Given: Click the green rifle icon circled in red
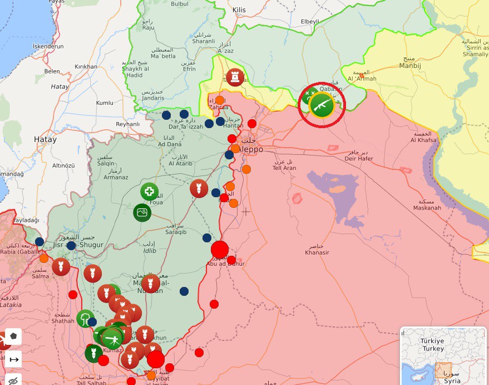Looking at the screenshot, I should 322,105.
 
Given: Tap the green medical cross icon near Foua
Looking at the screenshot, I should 149,192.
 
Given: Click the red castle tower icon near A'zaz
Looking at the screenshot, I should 235,77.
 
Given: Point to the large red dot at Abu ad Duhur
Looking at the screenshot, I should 220,249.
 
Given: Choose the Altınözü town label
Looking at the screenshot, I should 63,165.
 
